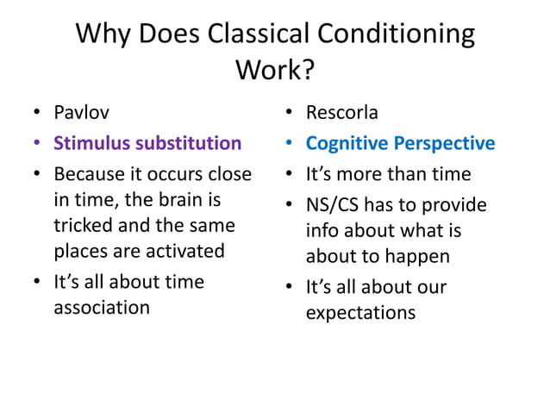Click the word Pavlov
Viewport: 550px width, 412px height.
(82, 112)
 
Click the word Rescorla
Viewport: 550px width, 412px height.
(342, 112)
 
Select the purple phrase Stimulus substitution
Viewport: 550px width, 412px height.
(147, 143)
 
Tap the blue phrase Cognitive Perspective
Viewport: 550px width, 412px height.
(401, 143)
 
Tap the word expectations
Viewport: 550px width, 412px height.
(360, 312)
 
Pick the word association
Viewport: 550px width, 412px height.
(102, 307)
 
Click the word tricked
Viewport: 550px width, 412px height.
(82, 226)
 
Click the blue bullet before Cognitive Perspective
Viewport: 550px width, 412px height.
(290, 144)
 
